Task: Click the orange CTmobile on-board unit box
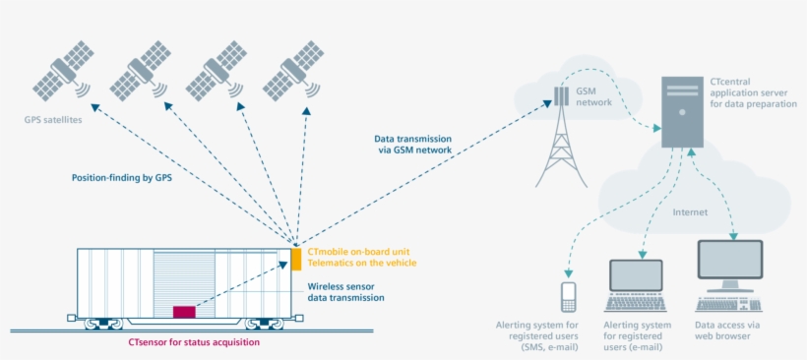pos(296,258)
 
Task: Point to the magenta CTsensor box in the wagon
pos(184,312)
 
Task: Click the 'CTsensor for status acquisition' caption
pos(194,342)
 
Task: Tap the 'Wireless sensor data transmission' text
pos(339,291)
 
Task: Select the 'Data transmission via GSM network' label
pos(412,146)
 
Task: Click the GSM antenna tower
pos(559,143)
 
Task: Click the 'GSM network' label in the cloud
pos(593,95)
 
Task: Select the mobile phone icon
pos(568,296)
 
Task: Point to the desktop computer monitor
pos(729,265)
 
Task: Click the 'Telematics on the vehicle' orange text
pos(361,263)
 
